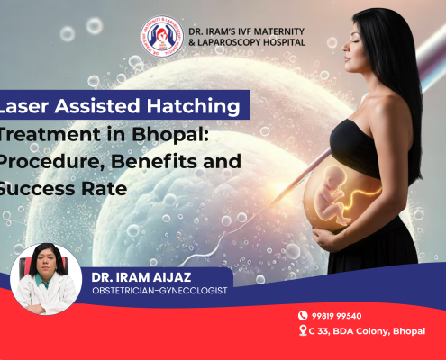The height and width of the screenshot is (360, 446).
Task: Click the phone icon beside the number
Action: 304,316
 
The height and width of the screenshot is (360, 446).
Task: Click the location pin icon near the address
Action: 304,331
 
